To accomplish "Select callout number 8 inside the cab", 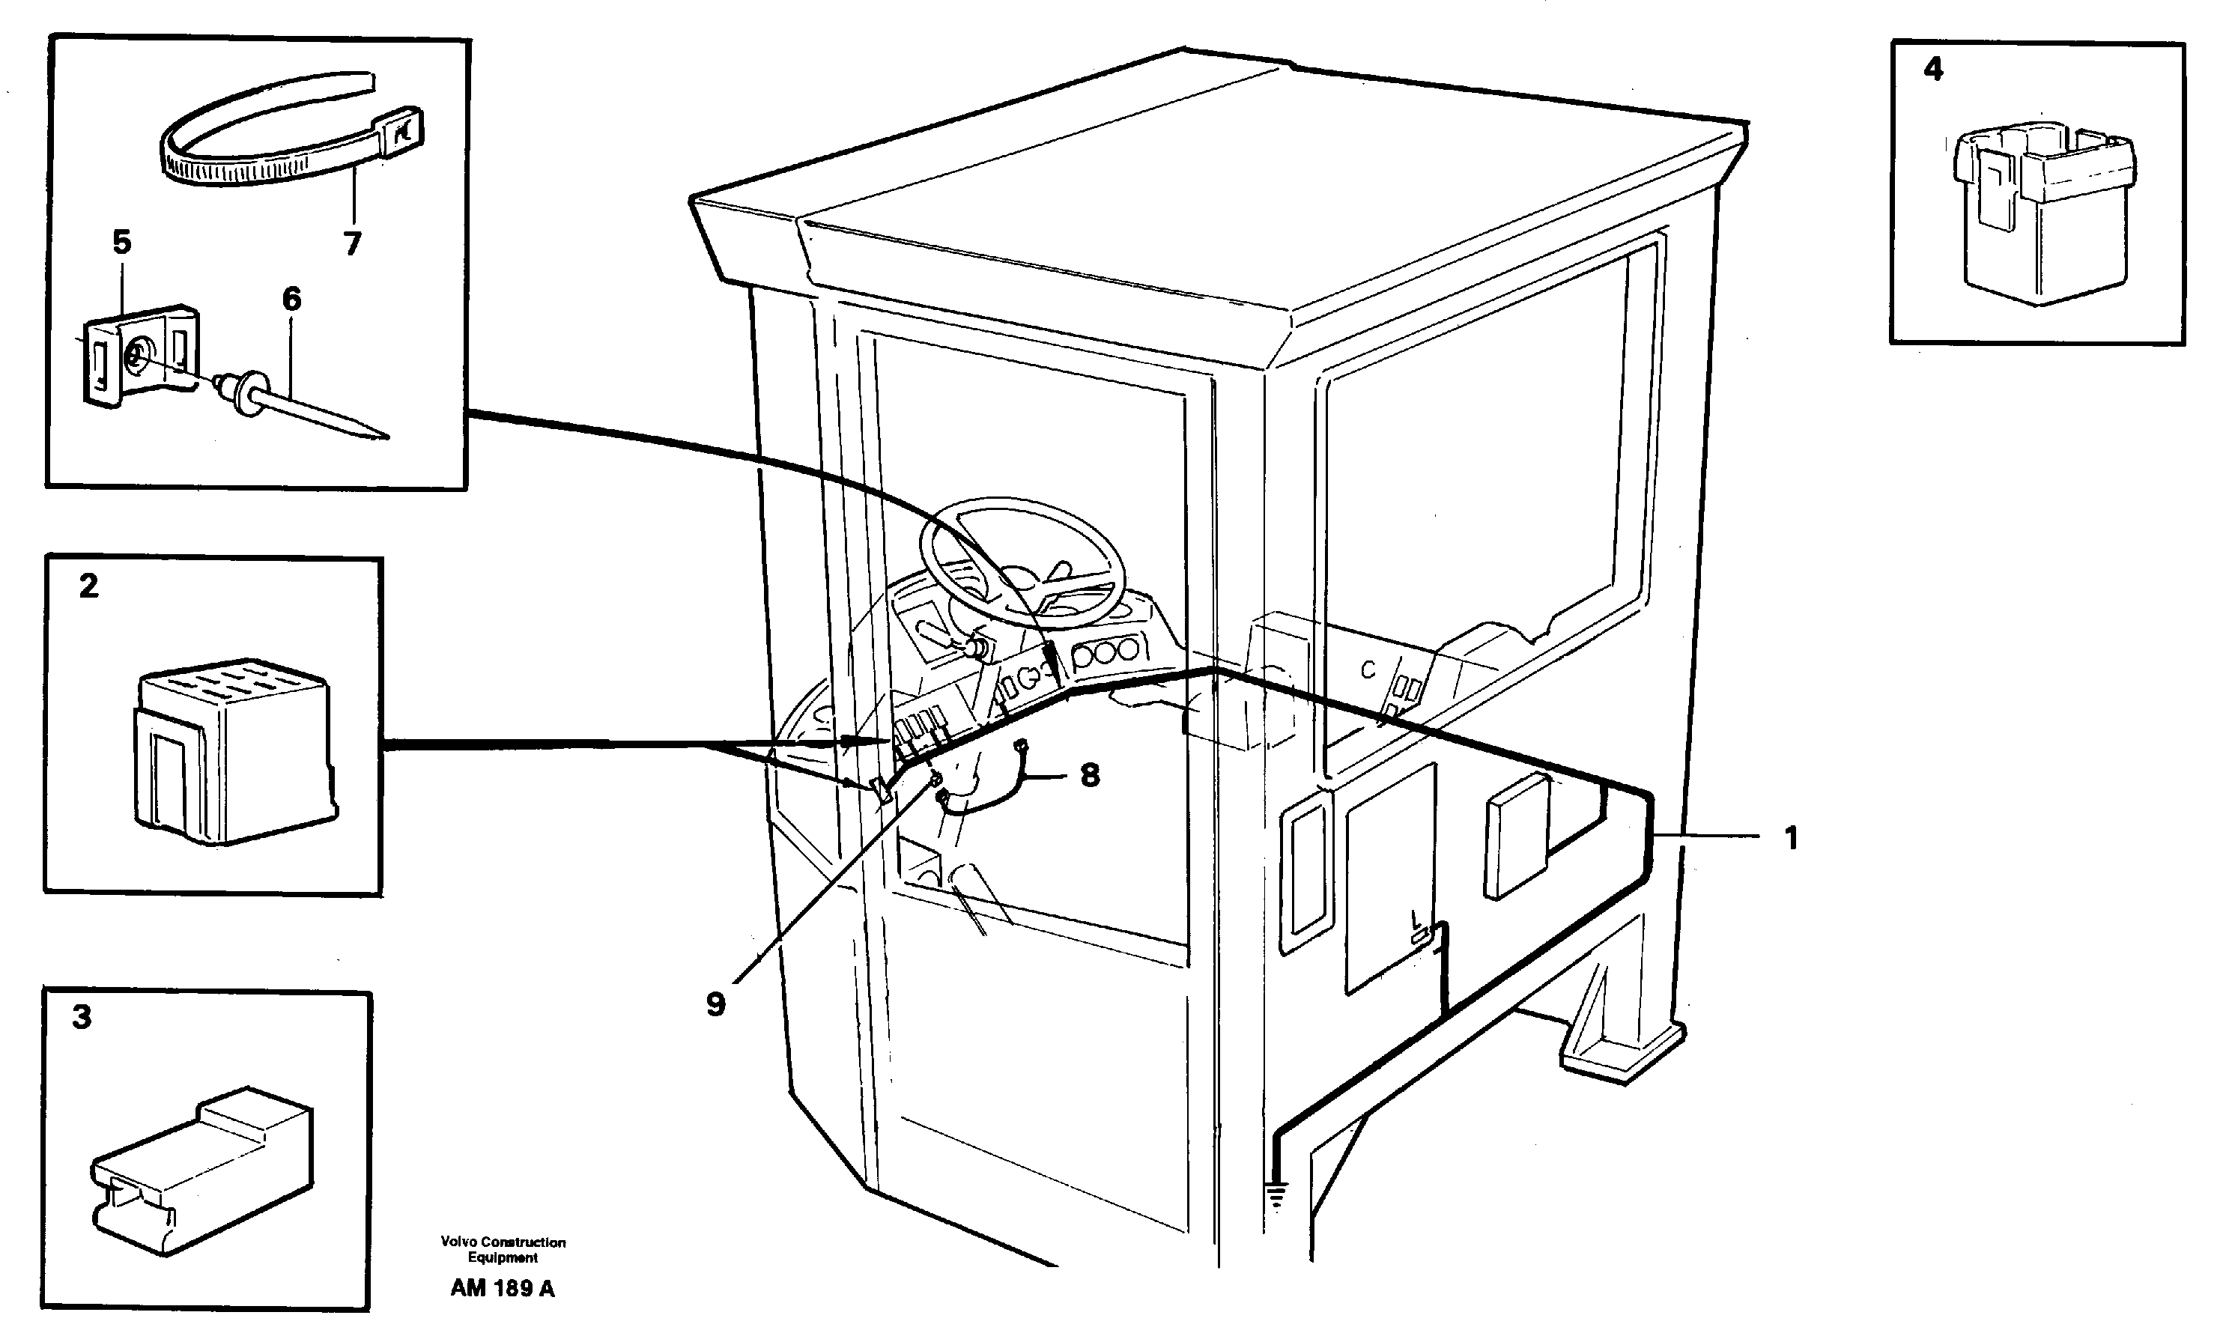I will click(1090, 774).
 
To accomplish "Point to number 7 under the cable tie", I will click(353, 243).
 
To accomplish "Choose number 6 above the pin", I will click(291, 299).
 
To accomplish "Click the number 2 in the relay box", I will click(88, 586).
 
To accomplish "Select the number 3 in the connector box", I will click(82, 1018).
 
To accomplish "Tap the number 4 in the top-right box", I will click(1933, 69).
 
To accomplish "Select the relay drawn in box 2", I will click(234, 753).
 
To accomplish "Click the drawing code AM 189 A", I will click(503, 1289).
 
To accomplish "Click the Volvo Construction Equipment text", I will click(503, 1250).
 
